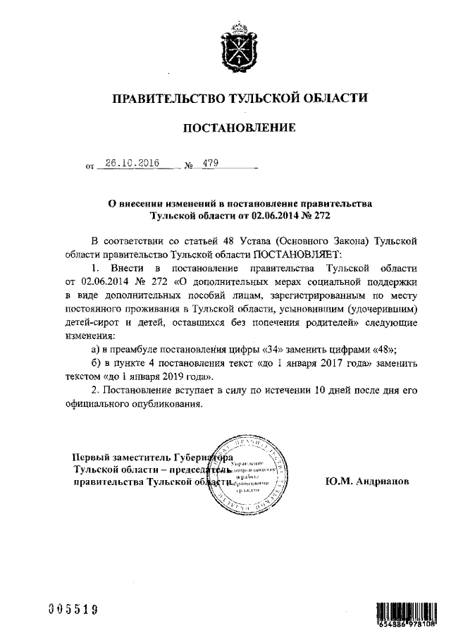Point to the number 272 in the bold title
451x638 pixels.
(321, 216)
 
